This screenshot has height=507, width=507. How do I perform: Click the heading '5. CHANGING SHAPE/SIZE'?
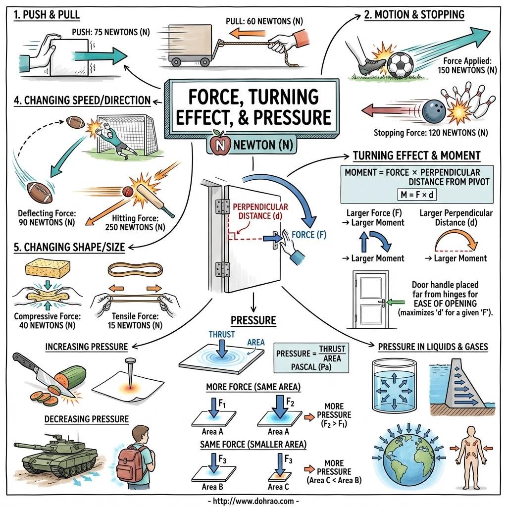click(x=69, y=247)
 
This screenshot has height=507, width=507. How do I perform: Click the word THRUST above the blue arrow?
click(x=221, y=334)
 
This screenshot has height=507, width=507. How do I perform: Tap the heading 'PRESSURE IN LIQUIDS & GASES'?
click(x=433, y=347)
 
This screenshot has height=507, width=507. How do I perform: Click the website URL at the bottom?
click(x=253, y=501)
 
